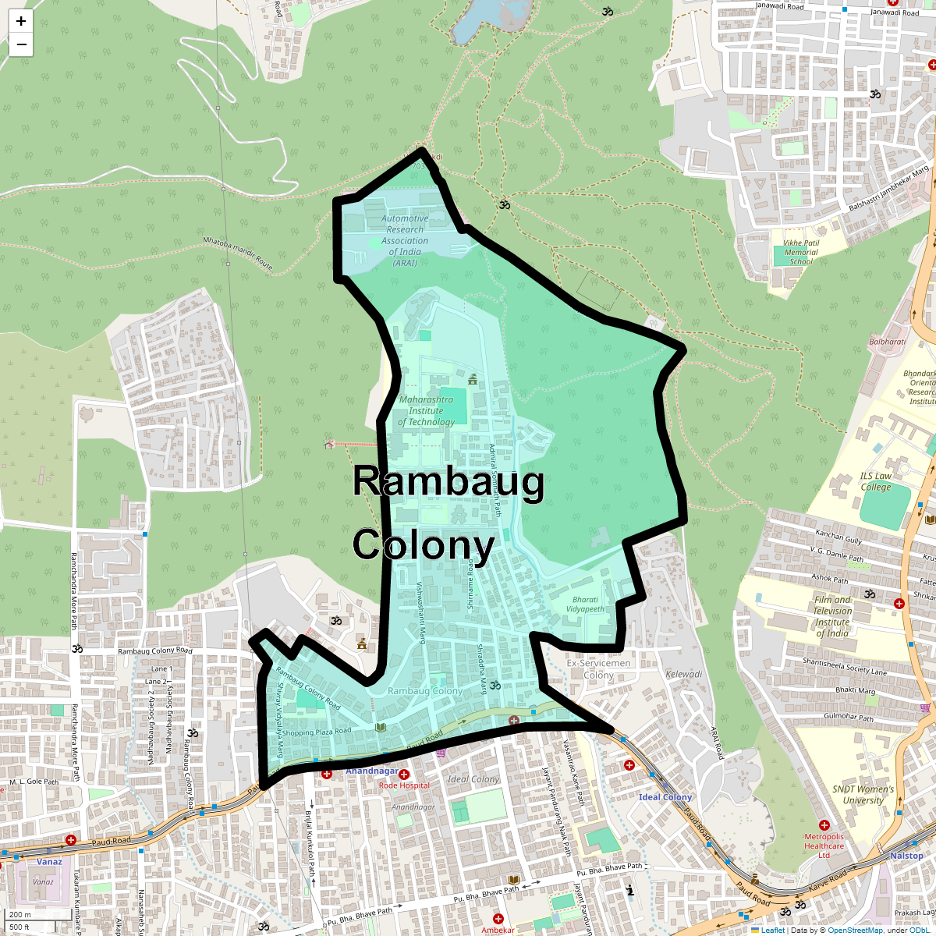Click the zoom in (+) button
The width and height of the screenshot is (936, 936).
[x=21, y=21]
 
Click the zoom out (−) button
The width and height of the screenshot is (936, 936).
[x=21, y=44]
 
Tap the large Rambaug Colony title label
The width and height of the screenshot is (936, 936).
[x=448, y=512]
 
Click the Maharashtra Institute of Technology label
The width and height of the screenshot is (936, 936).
[x=426, y=411]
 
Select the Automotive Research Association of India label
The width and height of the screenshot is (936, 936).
[x=406, y=240]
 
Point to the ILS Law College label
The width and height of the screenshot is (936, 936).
[x=876, y=481]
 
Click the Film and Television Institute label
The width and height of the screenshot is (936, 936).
[x=832, y=616]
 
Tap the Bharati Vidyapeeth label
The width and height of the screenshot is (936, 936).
[x=585, y=604]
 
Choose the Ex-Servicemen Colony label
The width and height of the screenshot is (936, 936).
[x=599, y=669]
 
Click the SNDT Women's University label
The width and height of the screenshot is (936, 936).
[x=863, y=794]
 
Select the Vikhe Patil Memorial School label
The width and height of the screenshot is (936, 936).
[x=801, y=252]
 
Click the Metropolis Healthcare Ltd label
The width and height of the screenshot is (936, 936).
[x=824, y=846]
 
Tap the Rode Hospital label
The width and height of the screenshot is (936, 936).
[x=404, y=785]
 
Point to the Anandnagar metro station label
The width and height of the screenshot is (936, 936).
[x=372, y=771]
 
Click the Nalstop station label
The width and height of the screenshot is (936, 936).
[x=906, y=856]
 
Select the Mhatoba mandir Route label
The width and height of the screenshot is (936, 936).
[x=238, y=253]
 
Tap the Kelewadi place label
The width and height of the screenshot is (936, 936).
[x=684, y=674]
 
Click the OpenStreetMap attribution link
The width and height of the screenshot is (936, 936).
[x=855, y=930]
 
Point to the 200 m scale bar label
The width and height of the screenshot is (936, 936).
[x=21, y=914]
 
